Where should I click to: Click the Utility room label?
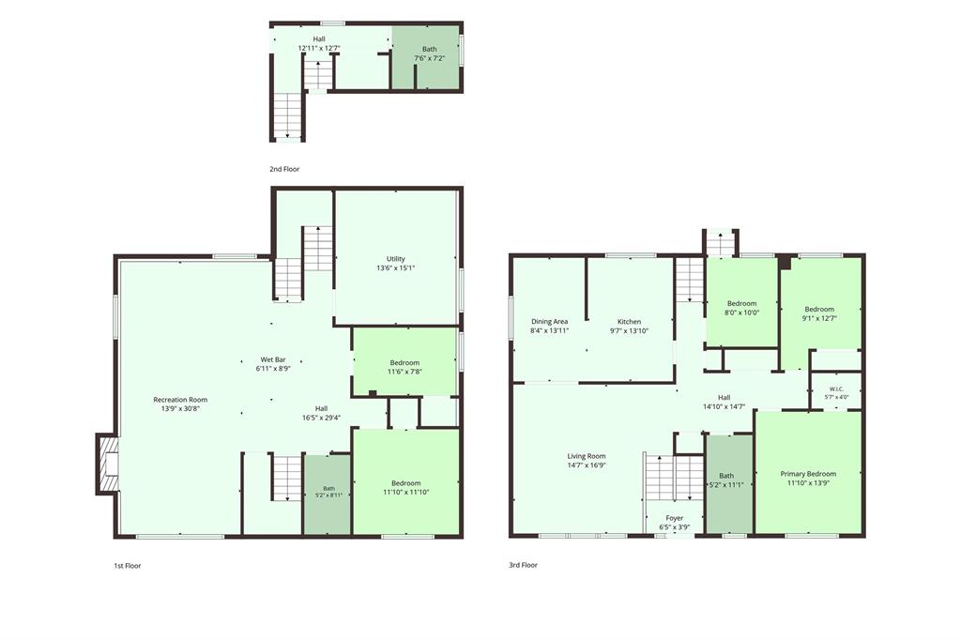click(x=395, y=259)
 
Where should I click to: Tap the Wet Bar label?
click(x=273, y=359)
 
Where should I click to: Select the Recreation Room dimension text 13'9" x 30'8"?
click(x=180, y=408)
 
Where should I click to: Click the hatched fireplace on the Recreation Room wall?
click(x=107, y=464)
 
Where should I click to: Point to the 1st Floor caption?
click(x=127, y=566)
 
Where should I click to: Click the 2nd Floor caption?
click(x=284, y=169)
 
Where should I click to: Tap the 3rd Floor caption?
click(x=523, y=565)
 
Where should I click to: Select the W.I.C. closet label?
click(x=836, y=389)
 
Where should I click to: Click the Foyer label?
click(x=674, y=518)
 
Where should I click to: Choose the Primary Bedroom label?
click(x=808, y=474)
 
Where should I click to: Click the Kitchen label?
click(x=629, y=322)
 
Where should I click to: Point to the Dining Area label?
click(x=549, y=322)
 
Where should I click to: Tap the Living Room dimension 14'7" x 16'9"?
click(x=586, y=465)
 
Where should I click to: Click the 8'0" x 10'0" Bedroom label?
click(x=741, y=308)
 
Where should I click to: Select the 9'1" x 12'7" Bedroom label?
click(x=819, y=313)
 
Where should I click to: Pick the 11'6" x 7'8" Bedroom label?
click(x=404, y=367)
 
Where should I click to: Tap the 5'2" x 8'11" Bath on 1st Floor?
click(x=329, y=492)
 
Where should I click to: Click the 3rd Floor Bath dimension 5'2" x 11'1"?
click(x=726, y=485)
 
